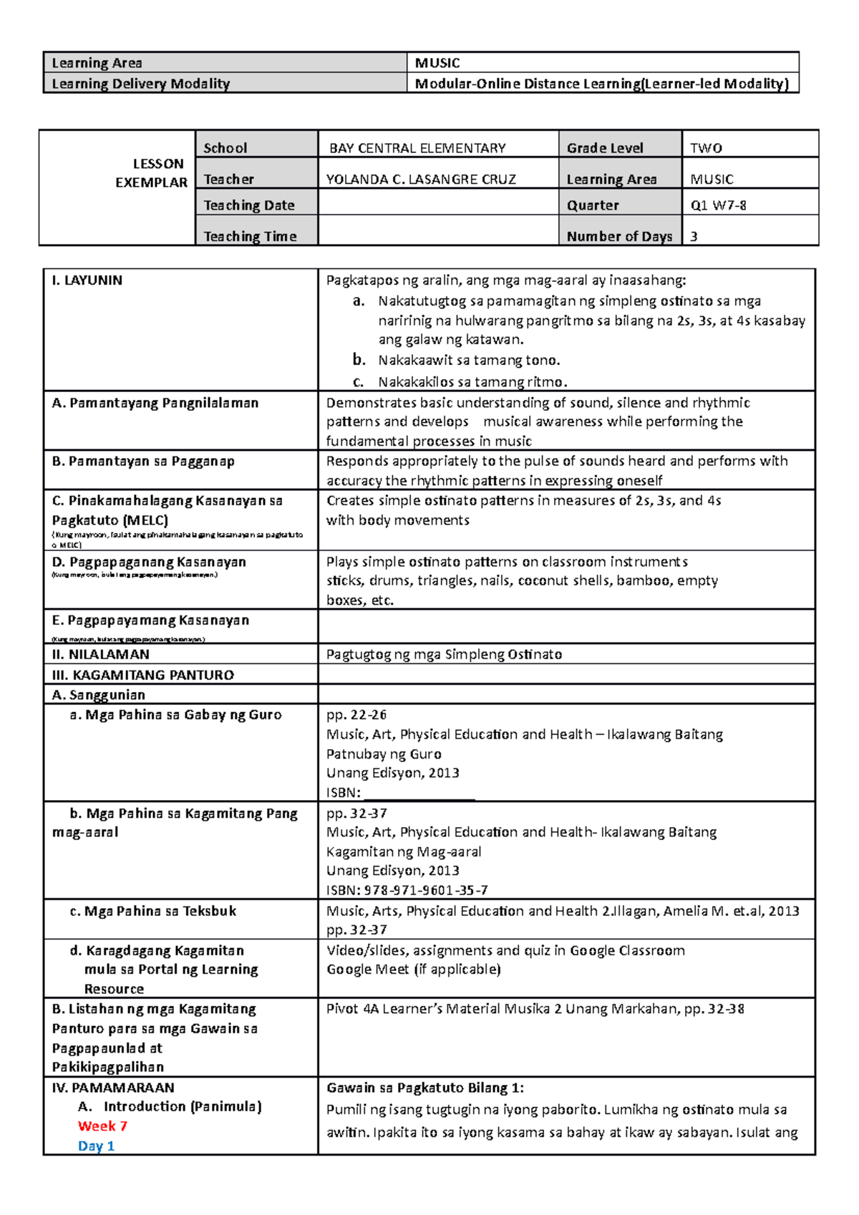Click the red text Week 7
[102, 1126]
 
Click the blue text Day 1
[96, 1146]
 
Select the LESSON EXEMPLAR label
[151, 173]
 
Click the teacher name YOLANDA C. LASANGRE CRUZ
[421, 179]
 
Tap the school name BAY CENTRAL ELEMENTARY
[417, 148]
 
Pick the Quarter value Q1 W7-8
[718, 205]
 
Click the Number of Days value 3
[694, 236]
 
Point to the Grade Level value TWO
[706, 148]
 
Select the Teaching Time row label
[250, 236]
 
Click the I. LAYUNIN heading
[87, 280]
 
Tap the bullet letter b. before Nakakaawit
[359, 360]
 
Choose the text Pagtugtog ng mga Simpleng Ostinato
[444, 654]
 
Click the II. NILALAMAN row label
[101, 654]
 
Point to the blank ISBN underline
[419, 794]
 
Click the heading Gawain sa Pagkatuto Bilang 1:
[425, 1088]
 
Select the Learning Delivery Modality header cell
[141, 84]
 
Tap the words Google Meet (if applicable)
[413, 969]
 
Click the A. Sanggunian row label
[99, 695]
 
